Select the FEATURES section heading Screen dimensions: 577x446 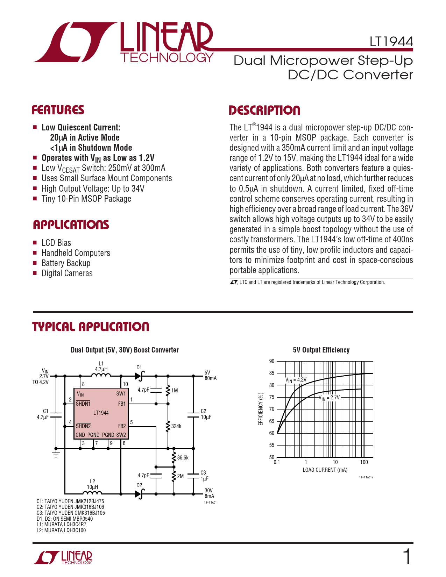tap(58, 110)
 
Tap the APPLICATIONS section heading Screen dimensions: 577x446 tap(71, 225)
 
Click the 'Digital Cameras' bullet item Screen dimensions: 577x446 tap(67, 273)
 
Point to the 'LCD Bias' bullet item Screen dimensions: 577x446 tap(56, 243)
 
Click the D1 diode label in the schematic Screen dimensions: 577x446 tap(139, 367)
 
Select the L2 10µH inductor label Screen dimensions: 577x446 tap(92, 484)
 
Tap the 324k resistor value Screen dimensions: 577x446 tap(176, 426)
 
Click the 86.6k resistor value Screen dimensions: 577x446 tap(183, 457)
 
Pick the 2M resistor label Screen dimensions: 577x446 tap(180, 476)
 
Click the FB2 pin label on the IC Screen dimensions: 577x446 tap(122, 426)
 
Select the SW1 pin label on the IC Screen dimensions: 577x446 tap(121, 393)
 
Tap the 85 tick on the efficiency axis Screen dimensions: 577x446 tap(272, 373)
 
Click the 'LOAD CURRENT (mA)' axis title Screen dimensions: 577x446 tap(325, 470)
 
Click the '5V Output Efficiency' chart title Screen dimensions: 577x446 tap(321, 350)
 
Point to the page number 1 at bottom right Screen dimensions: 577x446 tap(407, 557)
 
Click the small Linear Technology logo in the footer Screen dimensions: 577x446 tap(63, 557)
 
